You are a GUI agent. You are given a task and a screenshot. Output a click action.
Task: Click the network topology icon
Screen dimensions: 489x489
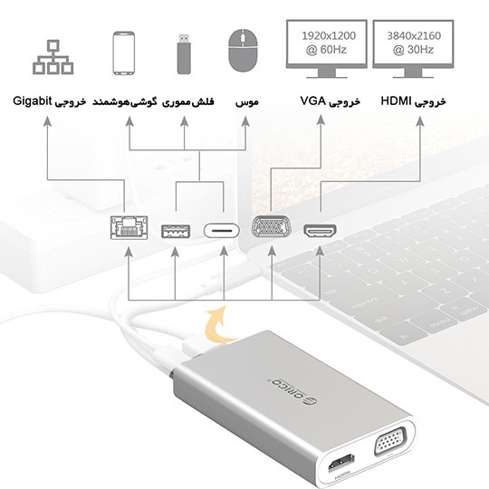click(x=53, y=57)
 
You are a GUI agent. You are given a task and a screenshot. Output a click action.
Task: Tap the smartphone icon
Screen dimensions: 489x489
click(x=124, y=53)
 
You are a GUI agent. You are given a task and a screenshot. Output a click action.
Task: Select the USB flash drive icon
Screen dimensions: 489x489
click(x=184, y=54)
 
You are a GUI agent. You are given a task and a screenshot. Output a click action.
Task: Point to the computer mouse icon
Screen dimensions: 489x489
click(x=244, y=50)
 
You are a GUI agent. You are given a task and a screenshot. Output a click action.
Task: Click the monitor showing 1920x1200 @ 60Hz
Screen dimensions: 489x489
click(x=327, y=49)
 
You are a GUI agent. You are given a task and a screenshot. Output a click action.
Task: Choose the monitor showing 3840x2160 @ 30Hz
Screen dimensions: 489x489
click(x=413, y=49)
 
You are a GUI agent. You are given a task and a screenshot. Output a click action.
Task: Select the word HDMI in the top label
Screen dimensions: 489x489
click(x=396, y=101)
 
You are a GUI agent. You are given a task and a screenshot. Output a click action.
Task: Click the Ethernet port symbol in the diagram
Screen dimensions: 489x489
click(x=129, y=227)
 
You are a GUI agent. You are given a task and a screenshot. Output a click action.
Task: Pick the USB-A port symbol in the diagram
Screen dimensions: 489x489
click(x=176, y=232)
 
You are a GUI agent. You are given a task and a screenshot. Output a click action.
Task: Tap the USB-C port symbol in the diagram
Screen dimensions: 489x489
click(x=222, y=231)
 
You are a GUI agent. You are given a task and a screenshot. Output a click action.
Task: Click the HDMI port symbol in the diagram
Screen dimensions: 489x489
click(x=320, y=232)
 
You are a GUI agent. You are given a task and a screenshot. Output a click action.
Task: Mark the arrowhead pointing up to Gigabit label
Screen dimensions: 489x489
click(x=47, y=121)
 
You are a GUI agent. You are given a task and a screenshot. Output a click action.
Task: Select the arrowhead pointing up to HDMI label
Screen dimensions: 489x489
click(x=420, y=121)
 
